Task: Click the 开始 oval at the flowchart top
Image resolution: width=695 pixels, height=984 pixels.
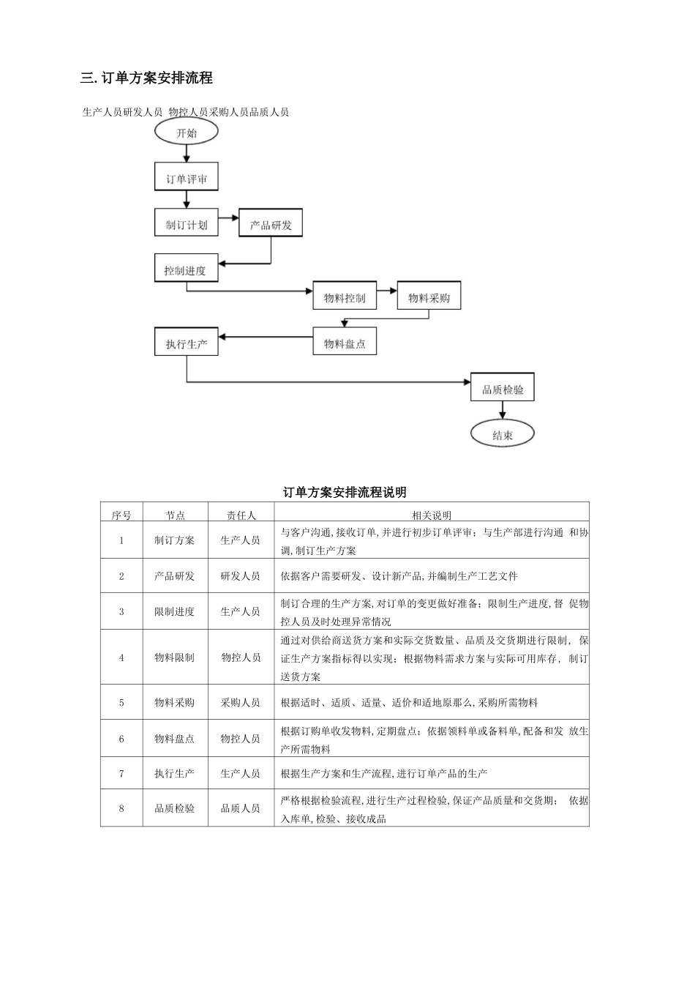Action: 187,133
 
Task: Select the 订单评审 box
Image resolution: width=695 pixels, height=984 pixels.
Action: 187,179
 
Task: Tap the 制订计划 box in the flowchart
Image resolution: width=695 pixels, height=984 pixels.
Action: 187,224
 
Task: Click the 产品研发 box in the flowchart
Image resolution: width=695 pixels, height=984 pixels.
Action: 271,224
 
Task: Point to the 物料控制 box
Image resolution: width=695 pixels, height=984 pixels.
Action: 345,297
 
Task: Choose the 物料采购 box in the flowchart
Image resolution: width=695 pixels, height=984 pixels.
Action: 429,297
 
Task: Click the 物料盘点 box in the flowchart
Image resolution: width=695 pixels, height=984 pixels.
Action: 345,343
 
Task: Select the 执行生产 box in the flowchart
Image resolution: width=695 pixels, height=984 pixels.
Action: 187,343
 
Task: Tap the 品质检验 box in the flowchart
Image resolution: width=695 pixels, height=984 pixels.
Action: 503,389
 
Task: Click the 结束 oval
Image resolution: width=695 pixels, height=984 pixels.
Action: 503,435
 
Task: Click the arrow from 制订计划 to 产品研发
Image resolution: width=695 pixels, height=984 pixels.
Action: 229,217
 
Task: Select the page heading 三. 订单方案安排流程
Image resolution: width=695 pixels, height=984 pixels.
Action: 147,78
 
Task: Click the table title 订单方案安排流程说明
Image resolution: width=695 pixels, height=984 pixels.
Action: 345,492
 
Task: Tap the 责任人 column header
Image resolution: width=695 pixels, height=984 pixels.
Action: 241,515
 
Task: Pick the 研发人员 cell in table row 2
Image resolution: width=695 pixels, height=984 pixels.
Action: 241,576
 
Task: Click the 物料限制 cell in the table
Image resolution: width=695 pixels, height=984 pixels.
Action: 175,657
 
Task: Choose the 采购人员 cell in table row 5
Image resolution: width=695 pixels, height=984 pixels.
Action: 241,702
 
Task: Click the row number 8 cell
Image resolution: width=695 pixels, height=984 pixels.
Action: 121,808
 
